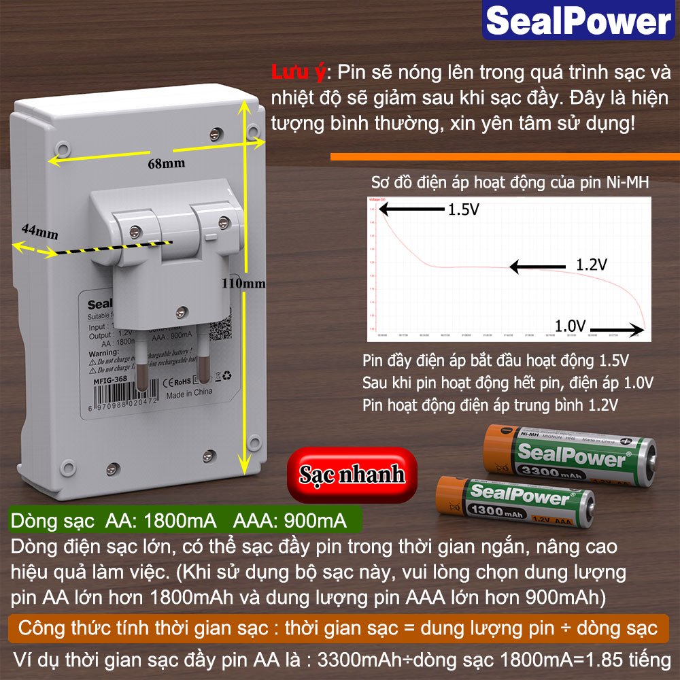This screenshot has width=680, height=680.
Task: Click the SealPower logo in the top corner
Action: point(579,21)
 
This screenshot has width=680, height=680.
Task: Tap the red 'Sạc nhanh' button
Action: point(352,474)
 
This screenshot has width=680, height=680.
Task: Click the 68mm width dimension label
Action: point(166,164)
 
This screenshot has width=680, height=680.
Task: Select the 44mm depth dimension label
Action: point(39,231)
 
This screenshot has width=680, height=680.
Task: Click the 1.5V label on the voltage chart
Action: point(463,210)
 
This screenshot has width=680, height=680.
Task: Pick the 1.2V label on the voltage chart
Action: point(591,265)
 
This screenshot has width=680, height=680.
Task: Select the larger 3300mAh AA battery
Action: point(569,456)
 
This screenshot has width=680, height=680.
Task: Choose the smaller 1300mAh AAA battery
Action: point(515,504)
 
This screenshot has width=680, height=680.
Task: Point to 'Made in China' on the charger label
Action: point(189,392)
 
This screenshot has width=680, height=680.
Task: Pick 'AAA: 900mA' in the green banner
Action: point(290,522)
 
